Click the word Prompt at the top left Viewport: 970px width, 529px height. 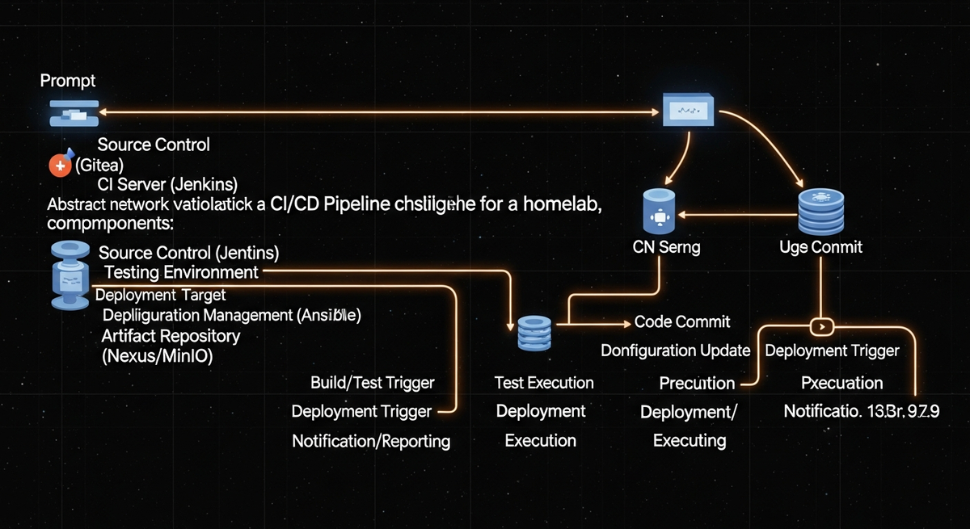tap(68, 81)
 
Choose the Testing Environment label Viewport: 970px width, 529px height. tap(182, 272)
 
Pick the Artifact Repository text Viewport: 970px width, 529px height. tap(171, 336)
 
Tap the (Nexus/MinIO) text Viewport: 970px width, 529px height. tap(157, 355)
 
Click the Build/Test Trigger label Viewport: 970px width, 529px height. tap(373, 382)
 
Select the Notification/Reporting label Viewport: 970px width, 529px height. tap(371, 441)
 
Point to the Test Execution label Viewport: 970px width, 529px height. tap(544, 382)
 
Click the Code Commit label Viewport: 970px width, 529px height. tap(682, 321)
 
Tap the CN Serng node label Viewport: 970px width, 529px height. tap(666, 248)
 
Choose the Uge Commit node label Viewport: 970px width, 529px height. tap(820, 247)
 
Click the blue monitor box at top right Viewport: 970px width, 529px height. tap(688, 109)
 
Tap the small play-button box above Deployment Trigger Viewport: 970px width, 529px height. tap(820, 327)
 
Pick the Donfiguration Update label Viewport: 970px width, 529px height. tap(676, 351)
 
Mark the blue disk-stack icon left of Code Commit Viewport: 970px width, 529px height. tap(533, 331)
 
